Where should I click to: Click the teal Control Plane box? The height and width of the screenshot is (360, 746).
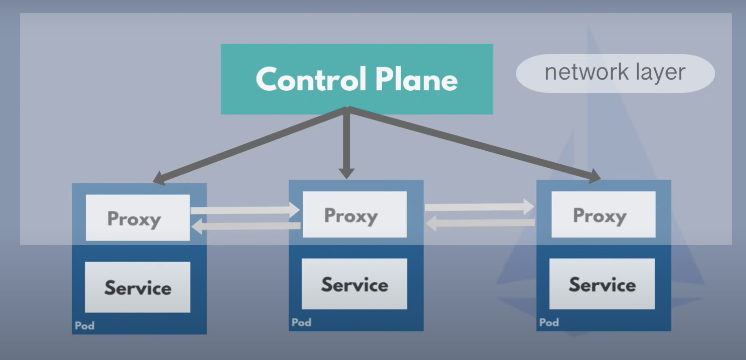point(357,79)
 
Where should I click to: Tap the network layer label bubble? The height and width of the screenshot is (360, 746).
point(615,73)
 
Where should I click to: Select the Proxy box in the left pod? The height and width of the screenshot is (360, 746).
point(138,217)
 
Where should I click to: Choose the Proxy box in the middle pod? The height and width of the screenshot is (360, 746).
point(355,214)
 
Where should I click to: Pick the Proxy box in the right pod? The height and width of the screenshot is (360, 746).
point(603,214)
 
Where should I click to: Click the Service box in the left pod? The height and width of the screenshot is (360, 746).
point(138,287)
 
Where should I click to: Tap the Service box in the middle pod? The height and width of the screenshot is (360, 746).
point(354,284)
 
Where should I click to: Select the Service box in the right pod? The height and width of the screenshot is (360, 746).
point(602,284)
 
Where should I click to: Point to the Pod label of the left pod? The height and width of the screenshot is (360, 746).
point(85,326)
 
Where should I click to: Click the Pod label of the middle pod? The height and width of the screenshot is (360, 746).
point(301,322)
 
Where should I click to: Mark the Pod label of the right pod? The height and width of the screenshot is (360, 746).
point(549,322)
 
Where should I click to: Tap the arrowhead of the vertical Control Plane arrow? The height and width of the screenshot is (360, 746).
point(346,174)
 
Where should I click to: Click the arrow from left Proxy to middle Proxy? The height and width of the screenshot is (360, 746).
point(245,210)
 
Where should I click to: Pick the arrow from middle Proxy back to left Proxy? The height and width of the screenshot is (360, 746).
point(246,226)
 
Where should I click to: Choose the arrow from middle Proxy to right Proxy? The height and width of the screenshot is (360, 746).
point(479,207)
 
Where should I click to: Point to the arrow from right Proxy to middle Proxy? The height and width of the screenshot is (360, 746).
point(481,223)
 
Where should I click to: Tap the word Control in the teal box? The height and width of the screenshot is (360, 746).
point(311,79)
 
